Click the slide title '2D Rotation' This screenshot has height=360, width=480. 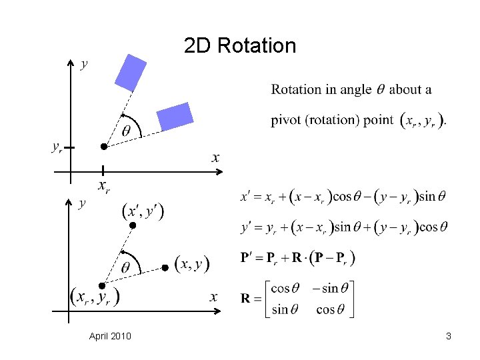[240, 46]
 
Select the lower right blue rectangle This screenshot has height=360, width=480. [175, 117]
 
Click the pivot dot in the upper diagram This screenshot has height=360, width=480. [103, 146]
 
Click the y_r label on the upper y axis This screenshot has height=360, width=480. [58, 147]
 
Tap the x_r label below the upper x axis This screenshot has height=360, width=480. [104, 187]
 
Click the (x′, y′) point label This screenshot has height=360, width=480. [143, 211]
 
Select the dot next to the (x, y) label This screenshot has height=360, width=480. [165, 267]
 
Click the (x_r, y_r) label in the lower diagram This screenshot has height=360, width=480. [95, 297]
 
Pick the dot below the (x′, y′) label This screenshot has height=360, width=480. [132, 227]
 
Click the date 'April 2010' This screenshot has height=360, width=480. [110, 336]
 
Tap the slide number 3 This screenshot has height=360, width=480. [449, 336]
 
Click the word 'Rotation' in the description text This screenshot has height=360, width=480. [294, 89]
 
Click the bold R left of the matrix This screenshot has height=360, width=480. [247, 298]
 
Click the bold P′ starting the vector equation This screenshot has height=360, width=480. [248, 258]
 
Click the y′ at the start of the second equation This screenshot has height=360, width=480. [247, 227]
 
